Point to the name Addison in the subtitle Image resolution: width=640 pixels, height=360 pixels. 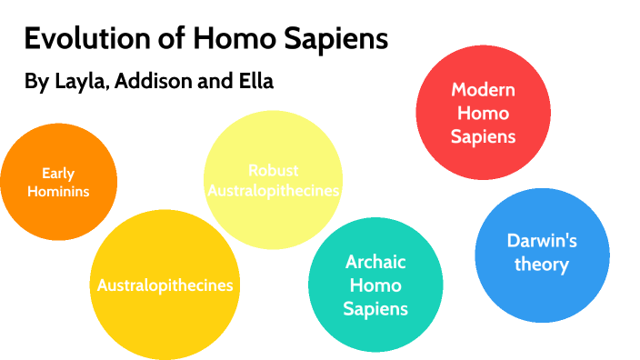pos(166,81)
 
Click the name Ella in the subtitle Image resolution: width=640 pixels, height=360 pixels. pos(254,81)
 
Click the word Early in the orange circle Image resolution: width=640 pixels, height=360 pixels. pos(58,173)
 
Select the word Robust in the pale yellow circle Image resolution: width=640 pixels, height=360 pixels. pos(273,170)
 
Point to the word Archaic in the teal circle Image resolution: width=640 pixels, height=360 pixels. pos(375,262)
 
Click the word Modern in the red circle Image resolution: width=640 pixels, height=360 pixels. pos(483,90)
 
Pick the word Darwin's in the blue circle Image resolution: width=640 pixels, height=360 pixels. pos(542,241)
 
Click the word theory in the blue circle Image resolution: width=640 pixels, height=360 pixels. pos(542,265)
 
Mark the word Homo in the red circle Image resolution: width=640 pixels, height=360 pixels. pos(483,114)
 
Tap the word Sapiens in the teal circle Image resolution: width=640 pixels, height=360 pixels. pos(375,308)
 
